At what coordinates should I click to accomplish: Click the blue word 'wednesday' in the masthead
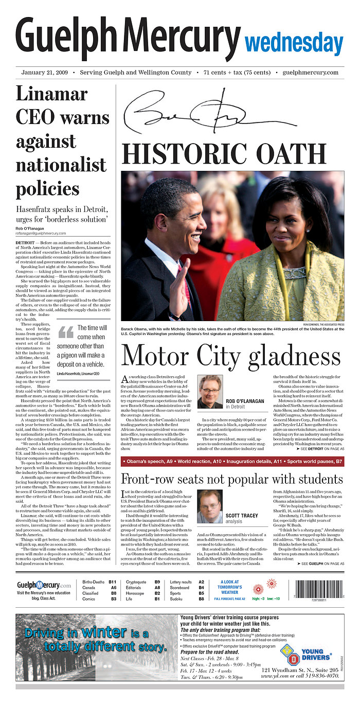click(x=294, y=43)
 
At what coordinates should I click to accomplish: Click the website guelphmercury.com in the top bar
click(x=311, y=73)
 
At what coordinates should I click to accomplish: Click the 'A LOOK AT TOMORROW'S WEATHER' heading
click(x=229, y=587)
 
